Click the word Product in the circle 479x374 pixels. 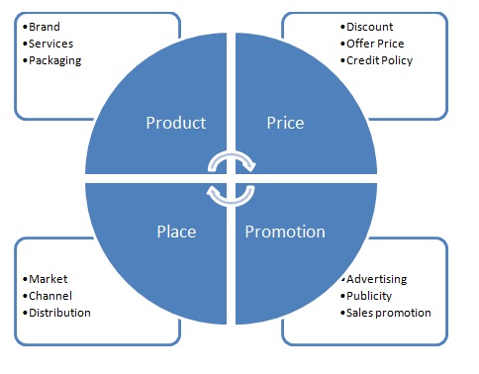(x=175, y=124)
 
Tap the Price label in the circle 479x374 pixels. (x=285, y=124)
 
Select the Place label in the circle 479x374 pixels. (x=175, y=232)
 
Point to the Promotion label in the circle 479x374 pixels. (x=285, y=232)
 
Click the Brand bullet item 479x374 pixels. (x=46, y=28)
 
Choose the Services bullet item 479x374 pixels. (x=50, y=44)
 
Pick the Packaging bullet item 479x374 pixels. (x=55, y=59)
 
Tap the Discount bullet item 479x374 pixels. (x=369, y=27)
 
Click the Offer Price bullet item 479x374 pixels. (x=375, y=44)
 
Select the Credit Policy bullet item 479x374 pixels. (x=379, y=59)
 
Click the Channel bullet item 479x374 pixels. (x=51, y=296)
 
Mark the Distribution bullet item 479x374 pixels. (x=59, y=312)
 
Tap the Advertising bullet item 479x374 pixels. (x=376, y=280)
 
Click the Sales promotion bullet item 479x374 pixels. (x=388, y=312)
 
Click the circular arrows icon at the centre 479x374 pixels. (x=231, y=175)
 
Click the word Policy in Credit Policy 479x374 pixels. (x=396, y=59)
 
